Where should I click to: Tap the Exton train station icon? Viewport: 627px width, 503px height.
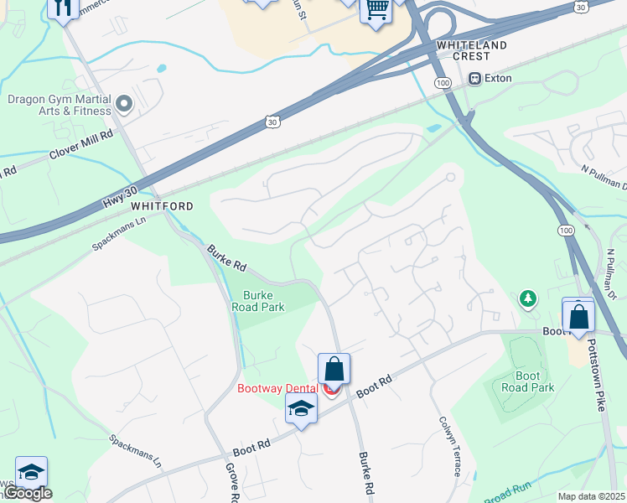pos(475,79)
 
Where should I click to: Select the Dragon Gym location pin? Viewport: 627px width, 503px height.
pos(125,105)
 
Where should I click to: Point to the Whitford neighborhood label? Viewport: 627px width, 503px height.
pos(162,206)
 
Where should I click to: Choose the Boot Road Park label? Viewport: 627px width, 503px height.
pos(527,381)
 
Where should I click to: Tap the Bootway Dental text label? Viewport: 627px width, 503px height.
pos(277,388)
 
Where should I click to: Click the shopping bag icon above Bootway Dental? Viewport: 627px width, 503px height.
pos(334,368)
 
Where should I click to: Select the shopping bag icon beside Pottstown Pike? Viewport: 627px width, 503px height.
pos(578,316)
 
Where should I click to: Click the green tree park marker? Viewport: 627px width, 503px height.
pos(527,298)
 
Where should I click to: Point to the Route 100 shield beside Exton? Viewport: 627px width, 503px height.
pos(443,83)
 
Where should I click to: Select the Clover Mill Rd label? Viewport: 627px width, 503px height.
pos(81,144)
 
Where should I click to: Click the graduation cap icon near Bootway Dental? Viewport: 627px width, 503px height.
pos(301,408)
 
